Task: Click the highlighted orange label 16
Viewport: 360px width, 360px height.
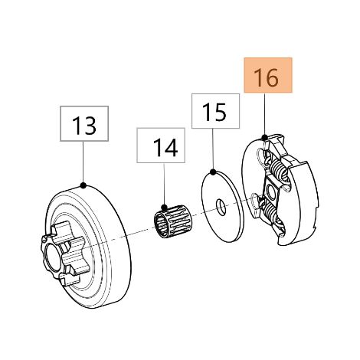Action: (x=268, y=75)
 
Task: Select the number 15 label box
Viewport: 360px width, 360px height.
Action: (x=215, y=111)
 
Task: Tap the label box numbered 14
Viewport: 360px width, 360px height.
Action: (x=161, y=146)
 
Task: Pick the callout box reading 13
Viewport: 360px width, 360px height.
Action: (x=84, y=123)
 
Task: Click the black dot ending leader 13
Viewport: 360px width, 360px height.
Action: (x=83, y=185)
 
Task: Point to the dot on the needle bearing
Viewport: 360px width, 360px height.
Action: (x=164, y=207)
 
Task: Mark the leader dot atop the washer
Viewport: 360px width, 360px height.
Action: (x=213, y=172)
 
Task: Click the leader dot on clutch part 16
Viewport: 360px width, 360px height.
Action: (x=265, y=138)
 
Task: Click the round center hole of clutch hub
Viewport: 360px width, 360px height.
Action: (x=270, y=192)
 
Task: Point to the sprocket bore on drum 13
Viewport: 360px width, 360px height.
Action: (x=53, y=260)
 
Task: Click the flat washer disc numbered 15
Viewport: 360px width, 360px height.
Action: (x=223, y=207)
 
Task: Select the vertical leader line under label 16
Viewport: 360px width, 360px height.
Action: (x=265, y=115)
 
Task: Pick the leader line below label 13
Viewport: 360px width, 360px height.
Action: (x=83, y=163)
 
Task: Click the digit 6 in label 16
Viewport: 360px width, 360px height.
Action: (x=272, y=78)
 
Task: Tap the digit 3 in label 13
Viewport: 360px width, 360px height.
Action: (x=90, y=126)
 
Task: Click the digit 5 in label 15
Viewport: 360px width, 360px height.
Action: (x=220, y=113)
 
